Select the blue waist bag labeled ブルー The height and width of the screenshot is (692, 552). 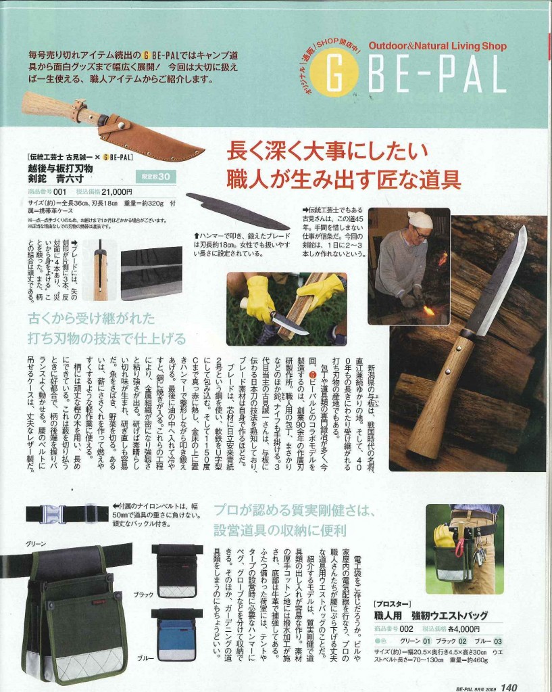(176, 634)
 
